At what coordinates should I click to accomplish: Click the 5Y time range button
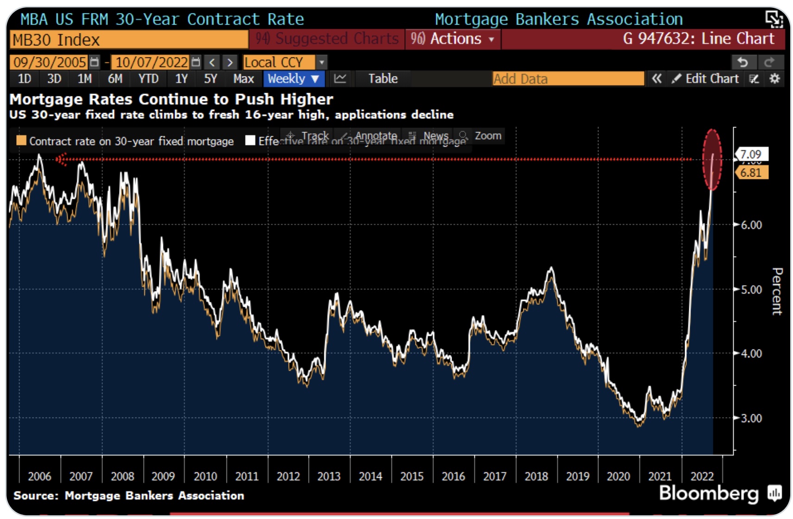pyautogui.click(x=210, y=79)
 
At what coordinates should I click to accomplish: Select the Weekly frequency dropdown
pyautogui.click(x=293, y=79)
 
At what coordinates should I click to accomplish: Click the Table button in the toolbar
pyautogui.click(x=383, y=79)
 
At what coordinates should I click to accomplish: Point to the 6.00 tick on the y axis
pyautogui.click(x=751, y=225)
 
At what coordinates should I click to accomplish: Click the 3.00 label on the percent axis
pyautogui.click(x=751, y=418)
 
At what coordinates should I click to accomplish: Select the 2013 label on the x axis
pyautogui.click(x=329, y=476)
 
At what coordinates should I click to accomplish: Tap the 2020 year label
pyautogui.click(x=618, y=476)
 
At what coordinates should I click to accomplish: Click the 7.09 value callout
pyautogui.click(x=751, y=154)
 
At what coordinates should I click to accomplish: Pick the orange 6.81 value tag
pyautogui.click(x=751, y=173)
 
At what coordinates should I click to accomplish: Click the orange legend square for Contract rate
pyautogui.click(x=21, y=140)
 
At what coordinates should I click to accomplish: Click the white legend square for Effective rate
pyautogui.click(x=250, y=140)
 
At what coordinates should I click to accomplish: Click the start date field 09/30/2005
pyautogui.click(x=50, y=62)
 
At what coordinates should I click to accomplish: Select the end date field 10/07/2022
pyautogui.click(x=151, y=62)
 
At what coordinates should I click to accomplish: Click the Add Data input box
pyautogui.click(x=567, y=79)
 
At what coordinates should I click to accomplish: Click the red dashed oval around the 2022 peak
pyautogui.click(x=712, y=160)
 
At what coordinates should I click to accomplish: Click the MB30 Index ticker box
pyautogui.click(x=128, y=40)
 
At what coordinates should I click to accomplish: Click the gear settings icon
pyautogui.click(x=774, y=79)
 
